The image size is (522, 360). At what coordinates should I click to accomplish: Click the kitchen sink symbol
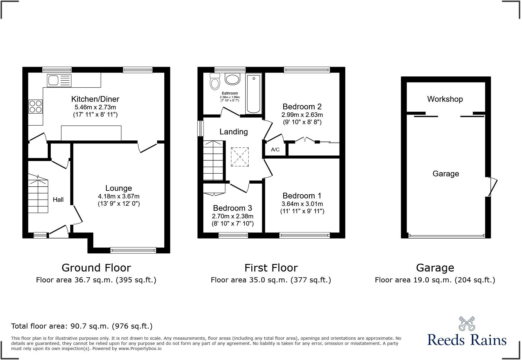pyautogui.click(x=59, y=80)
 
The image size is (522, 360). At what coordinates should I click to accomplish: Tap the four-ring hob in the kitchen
pyautogui.click(x=35, y=106)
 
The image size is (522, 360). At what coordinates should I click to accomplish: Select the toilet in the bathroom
pyautogui.click(x=215, y=82)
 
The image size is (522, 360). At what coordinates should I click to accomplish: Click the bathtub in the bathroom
pyautogui.click(x=254, y=93)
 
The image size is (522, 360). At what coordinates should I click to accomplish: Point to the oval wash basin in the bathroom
pyautogui.click(x=232, y=79)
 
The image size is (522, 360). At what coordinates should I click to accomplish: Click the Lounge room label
pyautogui.click(x=118, y=188)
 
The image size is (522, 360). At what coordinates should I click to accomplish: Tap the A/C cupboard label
pyautogui.click(x=275, y=149)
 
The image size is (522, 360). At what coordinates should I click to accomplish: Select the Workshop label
pyautogui.click(x=445, y=99)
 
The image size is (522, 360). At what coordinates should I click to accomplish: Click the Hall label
pyautogui.click(x=58, y=199)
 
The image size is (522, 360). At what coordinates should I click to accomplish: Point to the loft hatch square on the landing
pyautogui.click(x=240, y=157)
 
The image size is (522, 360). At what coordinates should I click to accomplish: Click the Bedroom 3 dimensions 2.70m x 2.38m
pyautogui.click(x=232, y=216)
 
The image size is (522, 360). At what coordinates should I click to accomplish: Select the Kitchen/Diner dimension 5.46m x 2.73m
pyautogui.click(x=95, y=107)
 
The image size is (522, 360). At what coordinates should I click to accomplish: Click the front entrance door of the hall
pyautogui.click(x=59, y=231)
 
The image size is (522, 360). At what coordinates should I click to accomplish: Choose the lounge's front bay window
pyautogui.click(x=133, y=250)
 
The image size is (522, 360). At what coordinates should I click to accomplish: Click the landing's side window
pyautogui.click(x=200, y=128)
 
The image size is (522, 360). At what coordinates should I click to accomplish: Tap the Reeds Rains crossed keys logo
pyautogui.click(x=466, y=323)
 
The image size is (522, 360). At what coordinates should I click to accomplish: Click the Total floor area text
pyautogui.click(x=82, y=326)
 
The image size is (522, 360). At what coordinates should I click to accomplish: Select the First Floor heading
pyautogui.click(x=271, y=268)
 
